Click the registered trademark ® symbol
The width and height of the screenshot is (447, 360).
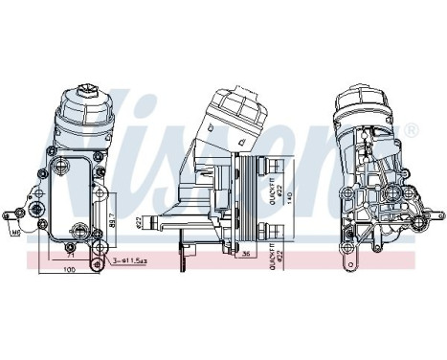coord(411,130)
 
